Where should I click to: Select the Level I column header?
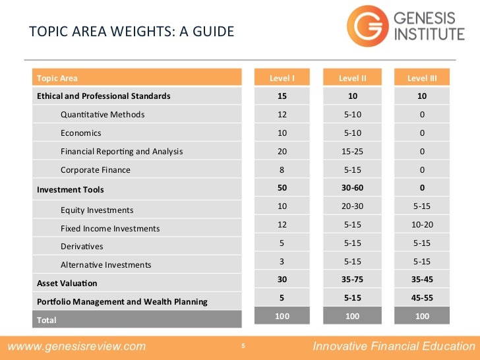pyautogui.click(x=282, y=78)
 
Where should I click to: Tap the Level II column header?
pyautogui.click(x=352, y=78)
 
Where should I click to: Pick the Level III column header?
pyautogui.click(x=422, y=78)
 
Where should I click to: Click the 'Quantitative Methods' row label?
pyautogui.click(x=102, y=115)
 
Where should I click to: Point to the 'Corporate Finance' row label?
pyautogui.click(x=96, y=170)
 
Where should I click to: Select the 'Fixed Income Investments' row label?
pyautogui.click(x=110, y=229)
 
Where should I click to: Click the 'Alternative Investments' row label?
pyautogui.click(x=105, y=265)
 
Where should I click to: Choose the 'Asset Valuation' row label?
pyautogui.click(x=67, y=284)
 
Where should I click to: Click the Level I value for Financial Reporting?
pyautogui.click(x=282, y=152)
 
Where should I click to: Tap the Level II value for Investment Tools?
pyautogui.click(x=352, y=189)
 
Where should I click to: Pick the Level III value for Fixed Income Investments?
pyautogui.click(x=422, y=225)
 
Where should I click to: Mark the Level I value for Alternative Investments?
pyautogui.click(x=282, y=262)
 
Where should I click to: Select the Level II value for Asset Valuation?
pyautogui.click(x=352, y=280)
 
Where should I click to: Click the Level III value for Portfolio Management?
pyautogui.click(x=422, y=298)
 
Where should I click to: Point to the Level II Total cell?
pyautogui.click(x=352, y=316)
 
